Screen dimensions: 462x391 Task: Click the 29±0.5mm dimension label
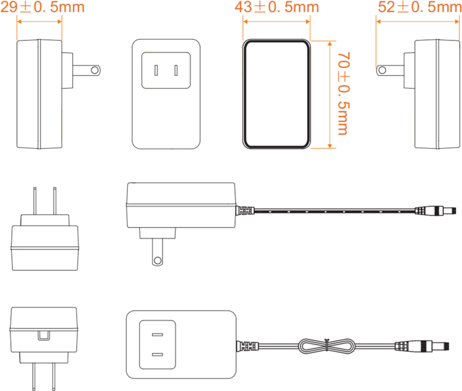coord(43,7)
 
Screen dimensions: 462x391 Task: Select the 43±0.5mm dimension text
coord(277,7)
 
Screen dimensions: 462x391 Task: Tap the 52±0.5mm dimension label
coord(419,7)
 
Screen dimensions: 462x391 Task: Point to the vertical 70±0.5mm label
coord(344,94)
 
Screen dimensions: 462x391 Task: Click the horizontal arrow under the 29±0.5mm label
coord(39,22)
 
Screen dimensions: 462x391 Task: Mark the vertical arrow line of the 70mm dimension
coord(330,95)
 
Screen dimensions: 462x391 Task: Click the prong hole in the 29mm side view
coord(95,71)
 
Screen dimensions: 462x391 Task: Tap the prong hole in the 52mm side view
coord(383,70)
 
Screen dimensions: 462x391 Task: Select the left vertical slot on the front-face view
coord(156,71)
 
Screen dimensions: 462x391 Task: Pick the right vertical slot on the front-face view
coord(176,71)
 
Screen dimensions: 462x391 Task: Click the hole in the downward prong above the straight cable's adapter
coord(158,261)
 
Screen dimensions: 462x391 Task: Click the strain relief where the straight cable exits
coord(245,211)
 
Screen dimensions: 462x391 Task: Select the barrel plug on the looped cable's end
coord(422,346)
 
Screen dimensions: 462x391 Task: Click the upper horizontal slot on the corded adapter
coord(157,335)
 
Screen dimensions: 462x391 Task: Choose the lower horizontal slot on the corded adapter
coord(157,354)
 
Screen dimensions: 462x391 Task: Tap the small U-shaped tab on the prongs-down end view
coord(44,336)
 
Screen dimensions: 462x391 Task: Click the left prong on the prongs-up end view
coord(35,201)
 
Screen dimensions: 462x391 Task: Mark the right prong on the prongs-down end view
coord(54,377)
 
